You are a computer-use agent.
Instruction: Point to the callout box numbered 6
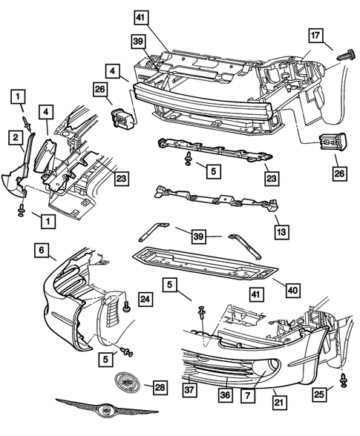(41, 251)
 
